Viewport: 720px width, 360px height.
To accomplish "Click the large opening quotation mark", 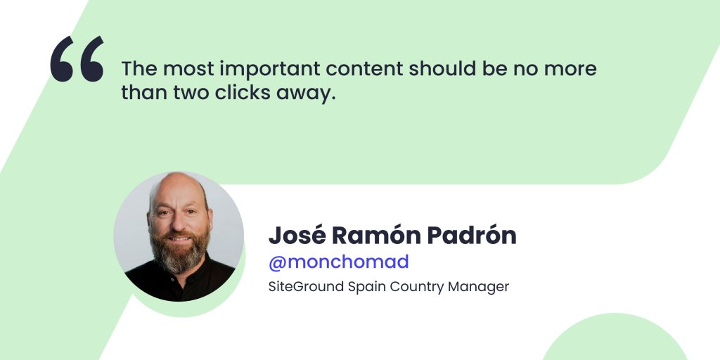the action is point(77,59).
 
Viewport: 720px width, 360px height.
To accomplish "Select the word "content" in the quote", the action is point(365,69).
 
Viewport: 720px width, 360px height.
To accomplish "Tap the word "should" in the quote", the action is point(442,69).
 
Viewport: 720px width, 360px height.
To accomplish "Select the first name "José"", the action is point(297,236).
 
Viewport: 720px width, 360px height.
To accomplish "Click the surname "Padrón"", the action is point(472,236).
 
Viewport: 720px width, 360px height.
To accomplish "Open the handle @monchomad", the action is point(339,262).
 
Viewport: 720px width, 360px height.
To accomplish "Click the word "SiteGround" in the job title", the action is point(306,287).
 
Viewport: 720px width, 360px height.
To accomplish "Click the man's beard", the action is point(180,252).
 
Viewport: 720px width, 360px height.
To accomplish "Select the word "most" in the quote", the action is point(188,70).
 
